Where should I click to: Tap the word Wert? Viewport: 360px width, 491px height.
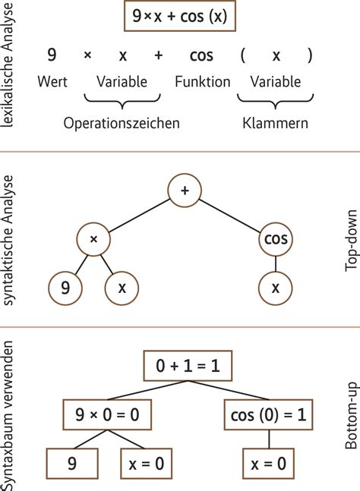click(x=52, y=82)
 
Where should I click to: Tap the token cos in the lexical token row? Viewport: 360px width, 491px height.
click(x=201, y=55)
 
